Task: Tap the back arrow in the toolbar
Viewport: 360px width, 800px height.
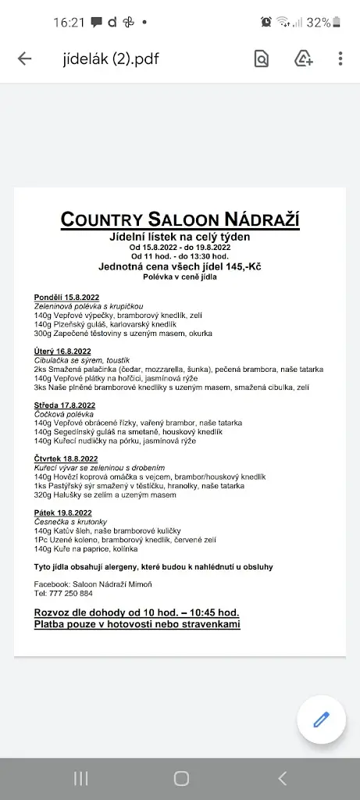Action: tap(24, 59)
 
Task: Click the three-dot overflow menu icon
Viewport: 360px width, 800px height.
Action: tap(340, 59)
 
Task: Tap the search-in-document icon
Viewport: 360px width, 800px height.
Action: tap(262, 59)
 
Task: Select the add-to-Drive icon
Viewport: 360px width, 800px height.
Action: tap(303, 59)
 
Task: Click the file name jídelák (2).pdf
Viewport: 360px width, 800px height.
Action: tap(111, 59)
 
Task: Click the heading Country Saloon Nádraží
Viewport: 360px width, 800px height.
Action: tap(180, 220)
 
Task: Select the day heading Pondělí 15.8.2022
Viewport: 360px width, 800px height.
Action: tap(66, 298)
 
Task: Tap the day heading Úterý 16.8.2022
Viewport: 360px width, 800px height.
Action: tap(62, 352)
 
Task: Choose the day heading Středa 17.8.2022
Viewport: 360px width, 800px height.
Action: tap(64, 405)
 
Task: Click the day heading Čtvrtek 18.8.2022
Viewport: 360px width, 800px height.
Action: tap(66, 459)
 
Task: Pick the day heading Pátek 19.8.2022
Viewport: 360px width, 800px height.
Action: tap(62, 512)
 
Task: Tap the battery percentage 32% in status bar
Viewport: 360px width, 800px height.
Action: tap(318, 23)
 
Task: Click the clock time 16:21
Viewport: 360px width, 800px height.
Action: tap(68, 23)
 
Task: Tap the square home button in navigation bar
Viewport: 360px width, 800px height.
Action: tap(181, 778)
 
